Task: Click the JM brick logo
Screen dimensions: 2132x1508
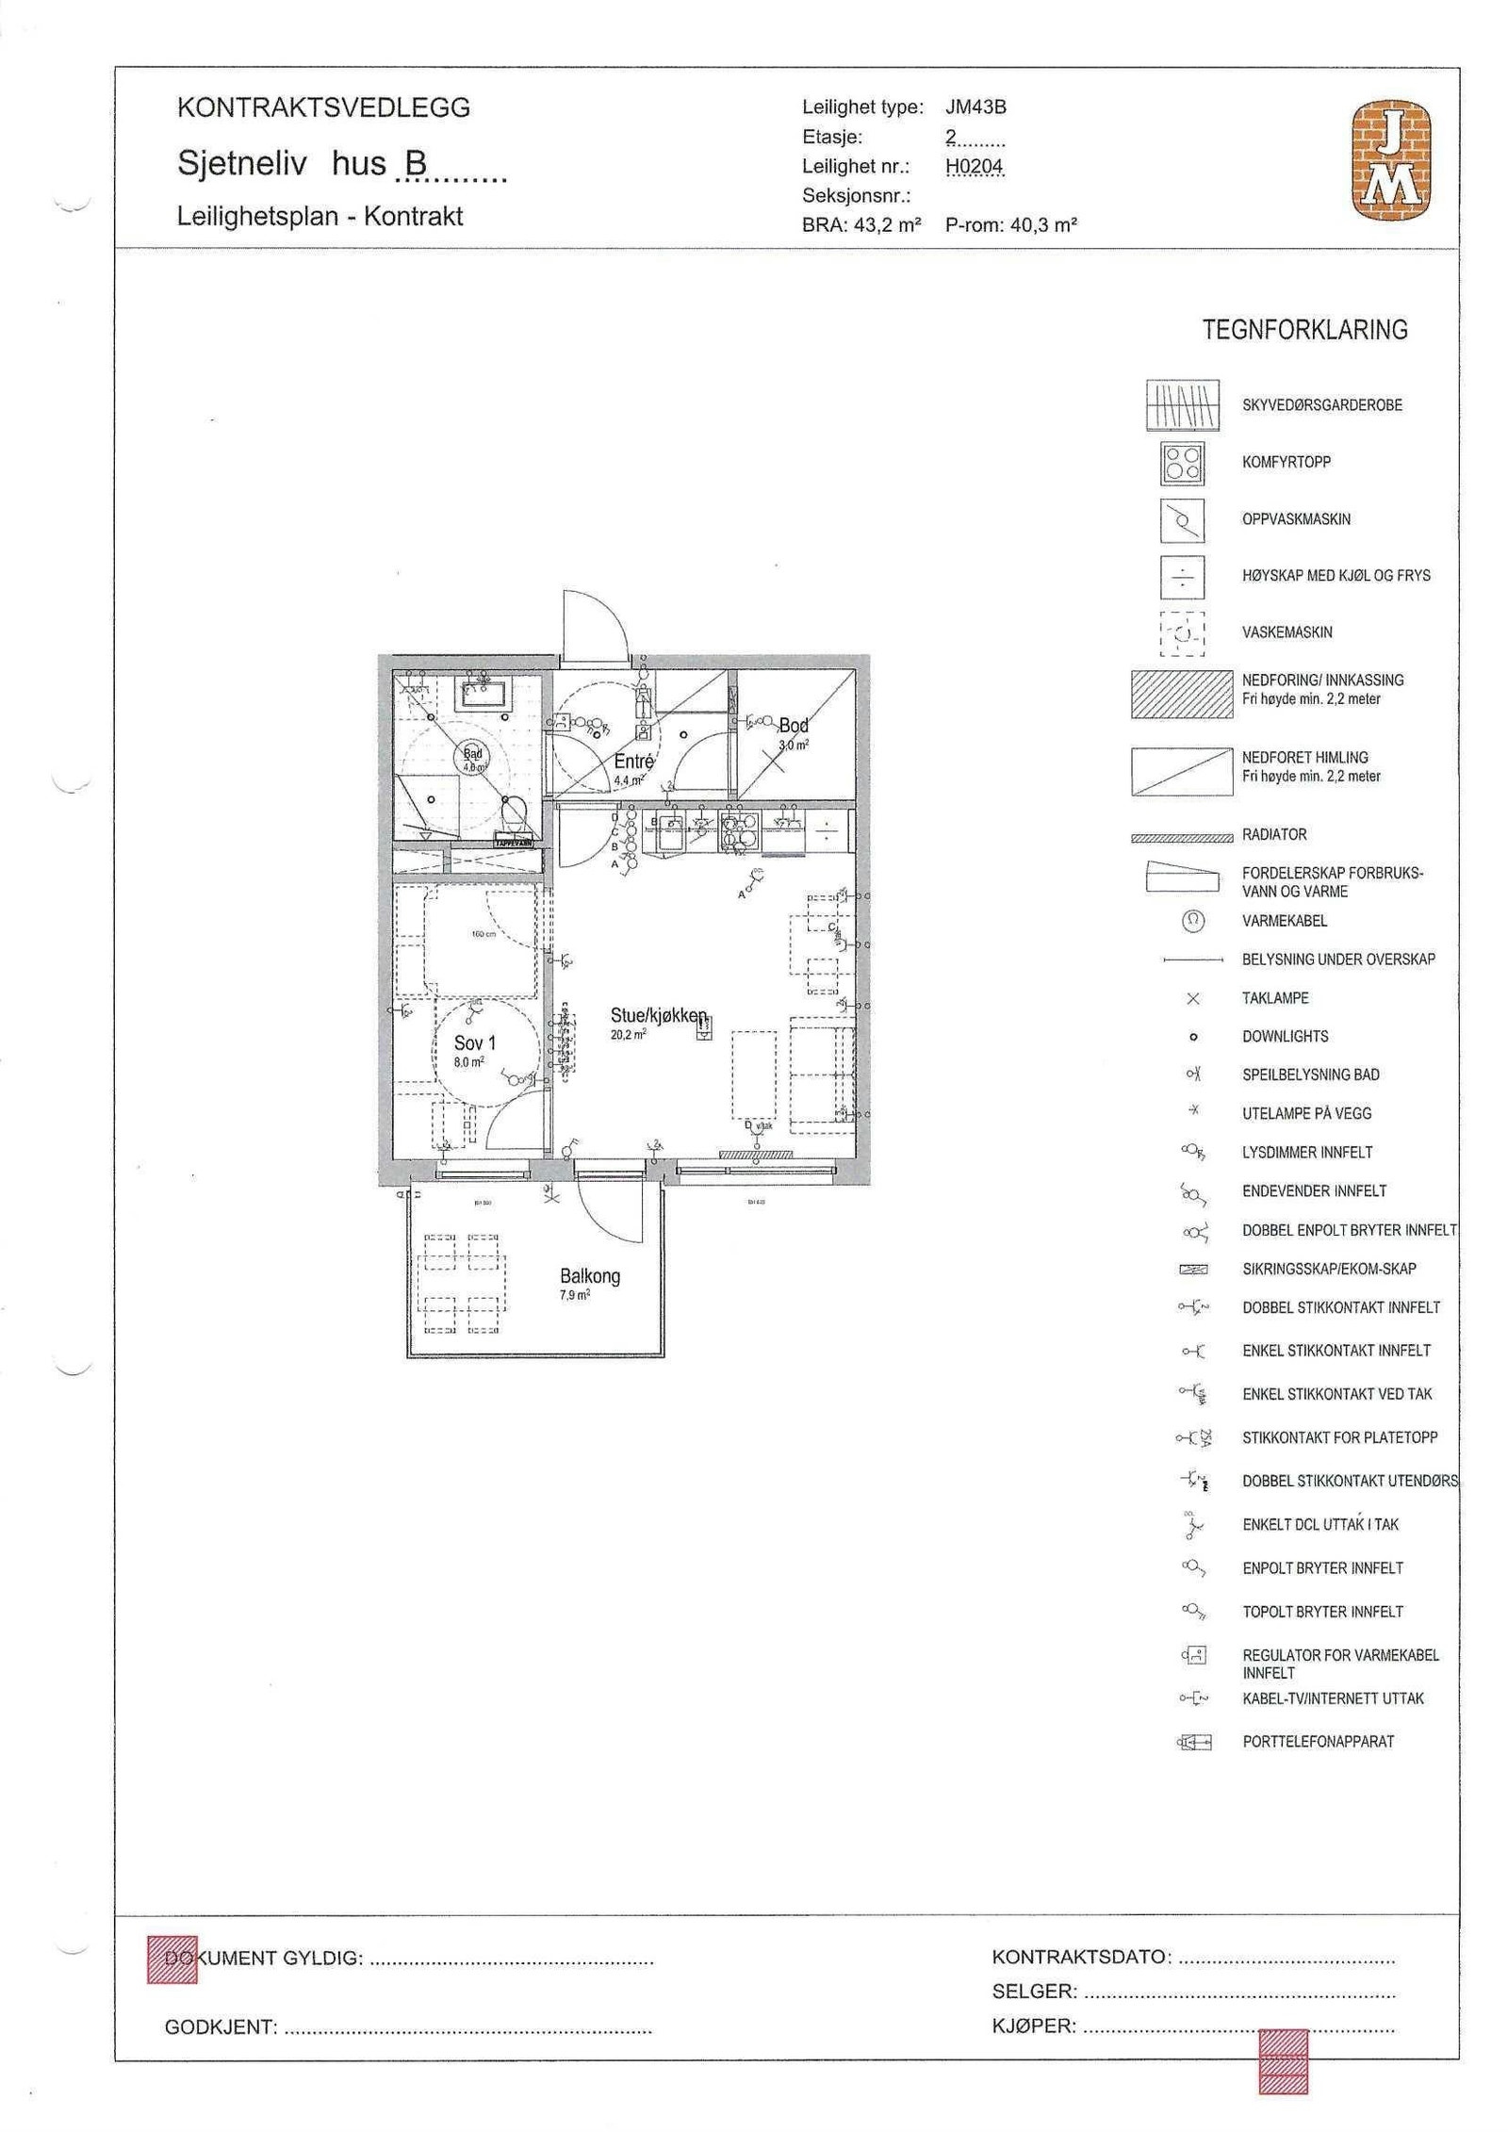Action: pos(1391,161)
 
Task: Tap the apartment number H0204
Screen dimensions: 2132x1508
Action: pos(975,167)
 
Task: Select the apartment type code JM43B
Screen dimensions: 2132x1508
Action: pos(975,107)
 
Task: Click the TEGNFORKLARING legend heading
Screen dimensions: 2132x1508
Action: pos(1304,330)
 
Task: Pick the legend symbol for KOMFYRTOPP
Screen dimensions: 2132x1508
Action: pos(1182,463)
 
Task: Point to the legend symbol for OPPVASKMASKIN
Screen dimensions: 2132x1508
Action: pos(1182,519)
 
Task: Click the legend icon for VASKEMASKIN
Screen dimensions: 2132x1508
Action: pos(1182,632)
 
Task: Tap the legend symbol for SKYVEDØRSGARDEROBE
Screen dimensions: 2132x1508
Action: pos(1182,405)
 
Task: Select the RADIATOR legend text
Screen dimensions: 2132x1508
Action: pos(1274,834)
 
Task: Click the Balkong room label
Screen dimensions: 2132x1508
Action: pos(590,1276)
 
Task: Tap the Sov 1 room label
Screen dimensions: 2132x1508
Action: pos(474,1043)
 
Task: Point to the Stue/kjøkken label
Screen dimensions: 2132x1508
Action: pos(658,1015)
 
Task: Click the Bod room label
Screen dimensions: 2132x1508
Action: pos(794,726)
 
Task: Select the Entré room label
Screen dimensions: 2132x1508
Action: pos(633,762)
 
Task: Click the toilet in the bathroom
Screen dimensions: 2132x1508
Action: pos(514,812)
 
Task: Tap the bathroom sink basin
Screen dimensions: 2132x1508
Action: pos(484,696)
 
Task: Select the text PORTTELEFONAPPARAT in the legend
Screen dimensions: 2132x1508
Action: pos(1318,1742)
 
